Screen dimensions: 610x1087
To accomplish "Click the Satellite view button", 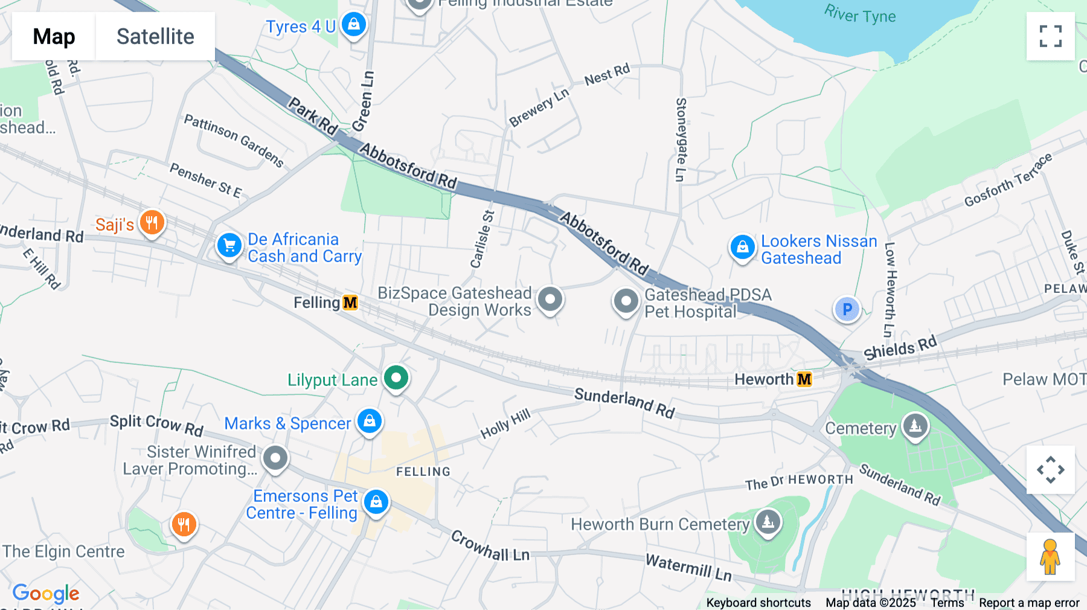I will click(x=155, y=36).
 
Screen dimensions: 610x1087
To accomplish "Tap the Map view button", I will click(x=54, y=36).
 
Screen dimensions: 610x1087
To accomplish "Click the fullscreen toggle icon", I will click(x=1050, y=36).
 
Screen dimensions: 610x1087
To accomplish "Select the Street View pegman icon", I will click(x=1050, y=557).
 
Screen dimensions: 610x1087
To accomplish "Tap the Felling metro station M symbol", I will click(x=350, y=303).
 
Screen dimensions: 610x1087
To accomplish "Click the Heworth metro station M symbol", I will click(x=804, y=379).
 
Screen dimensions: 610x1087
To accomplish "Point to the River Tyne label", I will click(x=860, y=14).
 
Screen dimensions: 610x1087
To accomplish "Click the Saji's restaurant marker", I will click(x=152, y=223).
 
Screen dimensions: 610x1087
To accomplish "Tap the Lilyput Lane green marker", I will click(x=396, y=379).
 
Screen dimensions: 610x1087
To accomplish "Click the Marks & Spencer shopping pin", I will click(x=370, y=420).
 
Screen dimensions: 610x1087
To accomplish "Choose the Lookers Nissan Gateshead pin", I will click(x=743, y=247).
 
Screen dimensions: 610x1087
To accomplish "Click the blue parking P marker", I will click(x=847, y=309).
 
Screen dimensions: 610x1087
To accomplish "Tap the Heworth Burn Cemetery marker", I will click(x=768, y=521).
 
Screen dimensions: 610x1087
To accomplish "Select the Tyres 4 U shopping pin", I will click(x=354, y=25).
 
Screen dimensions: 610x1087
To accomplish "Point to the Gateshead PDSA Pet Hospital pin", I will click(x=626, y=301).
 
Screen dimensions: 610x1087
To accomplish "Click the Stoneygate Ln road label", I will click(x=681, y=140).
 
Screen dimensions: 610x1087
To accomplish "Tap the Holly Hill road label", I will click(x=505, y=423).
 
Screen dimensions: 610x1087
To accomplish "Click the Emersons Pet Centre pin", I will click(x=376, y=502).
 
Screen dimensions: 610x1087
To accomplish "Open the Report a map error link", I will click(x=1029, y=603).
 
